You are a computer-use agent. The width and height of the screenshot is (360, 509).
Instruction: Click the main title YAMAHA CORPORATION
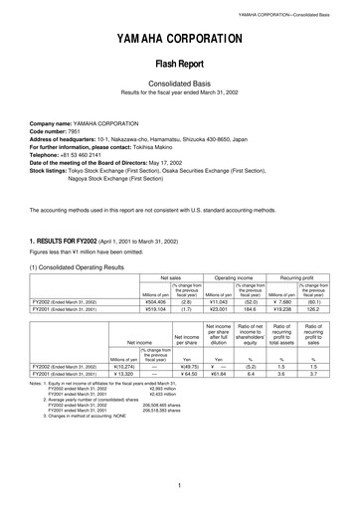click(x=179, y=39)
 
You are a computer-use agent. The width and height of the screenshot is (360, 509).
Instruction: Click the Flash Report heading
click(x=179, y=74)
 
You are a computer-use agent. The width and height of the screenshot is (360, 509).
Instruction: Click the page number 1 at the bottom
click(x=179, y=486)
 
